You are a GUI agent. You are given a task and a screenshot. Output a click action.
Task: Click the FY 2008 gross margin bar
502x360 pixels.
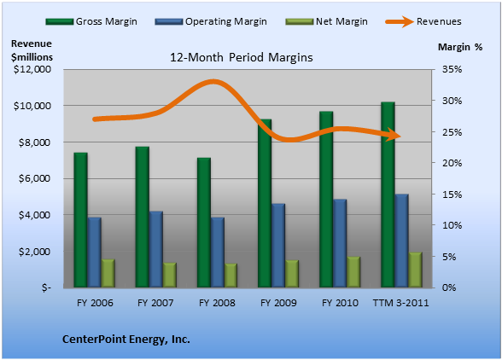tap(204, 223)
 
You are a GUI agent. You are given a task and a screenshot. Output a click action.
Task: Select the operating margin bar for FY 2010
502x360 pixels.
tap(340, 243)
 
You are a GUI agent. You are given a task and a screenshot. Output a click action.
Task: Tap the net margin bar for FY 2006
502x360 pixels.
tap(108, 273)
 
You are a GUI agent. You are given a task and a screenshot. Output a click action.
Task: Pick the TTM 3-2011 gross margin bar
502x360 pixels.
tap(388, 195)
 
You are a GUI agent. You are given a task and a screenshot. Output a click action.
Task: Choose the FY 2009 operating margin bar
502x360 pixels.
tap(278, 246)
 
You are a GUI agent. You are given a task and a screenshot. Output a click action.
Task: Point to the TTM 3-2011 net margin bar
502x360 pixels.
tap(415, 270)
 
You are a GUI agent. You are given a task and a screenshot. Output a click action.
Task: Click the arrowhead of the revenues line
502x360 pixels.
tap(394, 135)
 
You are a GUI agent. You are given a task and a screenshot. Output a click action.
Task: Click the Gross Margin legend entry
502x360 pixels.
tap(91, 21)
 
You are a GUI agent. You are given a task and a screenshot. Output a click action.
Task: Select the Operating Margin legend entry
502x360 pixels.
tap(211, 21)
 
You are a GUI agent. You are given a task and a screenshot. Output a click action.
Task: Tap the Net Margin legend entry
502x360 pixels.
tap(326, 21)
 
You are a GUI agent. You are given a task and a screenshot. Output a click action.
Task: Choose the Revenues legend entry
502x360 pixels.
tap(423, 21)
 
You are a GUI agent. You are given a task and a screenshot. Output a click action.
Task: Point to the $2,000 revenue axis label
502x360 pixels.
tap(34, 252)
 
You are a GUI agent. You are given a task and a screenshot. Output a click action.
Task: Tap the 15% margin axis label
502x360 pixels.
tap(452, 195)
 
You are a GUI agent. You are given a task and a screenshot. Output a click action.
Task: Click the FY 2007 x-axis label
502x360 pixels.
tap(155, 303)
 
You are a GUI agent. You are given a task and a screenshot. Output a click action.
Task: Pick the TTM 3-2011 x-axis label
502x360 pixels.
tap(401, 303)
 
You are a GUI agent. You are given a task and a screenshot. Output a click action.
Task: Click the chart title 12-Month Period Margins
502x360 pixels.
tap(242, 58)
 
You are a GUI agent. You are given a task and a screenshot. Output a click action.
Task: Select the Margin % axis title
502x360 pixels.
tap(460, 47)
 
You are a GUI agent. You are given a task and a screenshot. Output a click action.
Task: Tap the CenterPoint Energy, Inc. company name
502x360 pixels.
tap(126, 340)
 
